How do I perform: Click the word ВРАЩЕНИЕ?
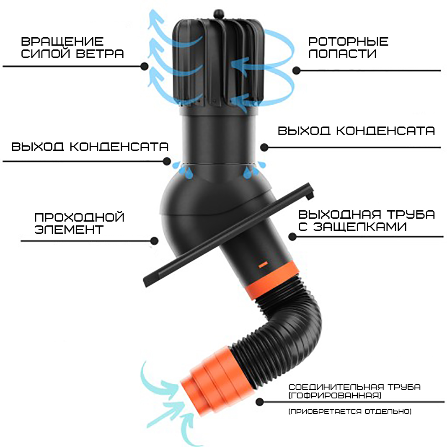tap(62, 41)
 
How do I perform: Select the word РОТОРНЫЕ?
tap(349, 41)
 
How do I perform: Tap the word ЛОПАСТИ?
tap(343, 54)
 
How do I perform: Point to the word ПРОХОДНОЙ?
tap(80, 217)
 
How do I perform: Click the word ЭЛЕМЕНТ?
tap(69, 230)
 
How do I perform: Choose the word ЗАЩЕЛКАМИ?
tap(360, 227)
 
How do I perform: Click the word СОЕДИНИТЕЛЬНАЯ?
tap(336, 387)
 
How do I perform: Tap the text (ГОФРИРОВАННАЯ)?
tap(335, 395)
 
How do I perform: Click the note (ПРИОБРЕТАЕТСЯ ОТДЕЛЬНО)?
tap(350, 411)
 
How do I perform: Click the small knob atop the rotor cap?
tap(219, 13)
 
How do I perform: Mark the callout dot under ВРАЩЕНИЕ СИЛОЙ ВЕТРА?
tap(145, 67)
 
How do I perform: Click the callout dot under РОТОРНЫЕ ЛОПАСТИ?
tap(297, 70)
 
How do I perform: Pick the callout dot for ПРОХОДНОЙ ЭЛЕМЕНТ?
tap(154, 241)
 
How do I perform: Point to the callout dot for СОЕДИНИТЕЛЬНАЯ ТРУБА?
tap(259, 402)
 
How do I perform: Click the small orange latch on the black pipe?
tap(263, 265)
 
